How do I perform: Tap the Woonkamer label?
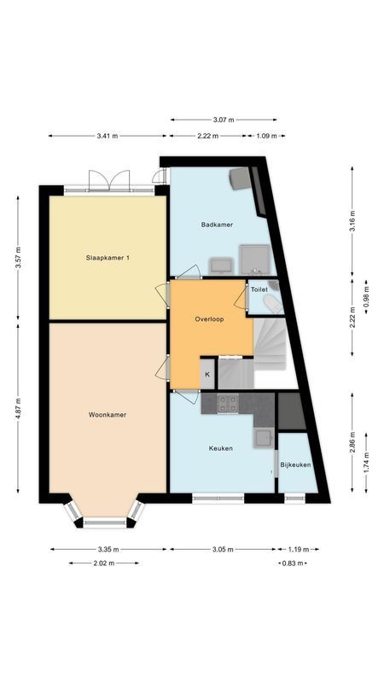(x=107, y=415)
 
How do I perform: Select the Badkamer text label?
(x=218, y=225)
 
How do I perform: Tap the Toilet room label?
(x=259, y=289)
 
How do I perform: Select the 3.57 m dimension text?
(x=19, y=257)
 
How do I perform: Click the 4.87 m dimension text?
(x=19, y=408)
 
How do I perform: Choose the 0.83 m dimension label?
(x=293, y=563)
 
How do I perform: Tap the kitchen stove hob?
(x=228, y=402)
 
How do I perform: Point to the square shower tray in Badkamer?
(x=254, y=258)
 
